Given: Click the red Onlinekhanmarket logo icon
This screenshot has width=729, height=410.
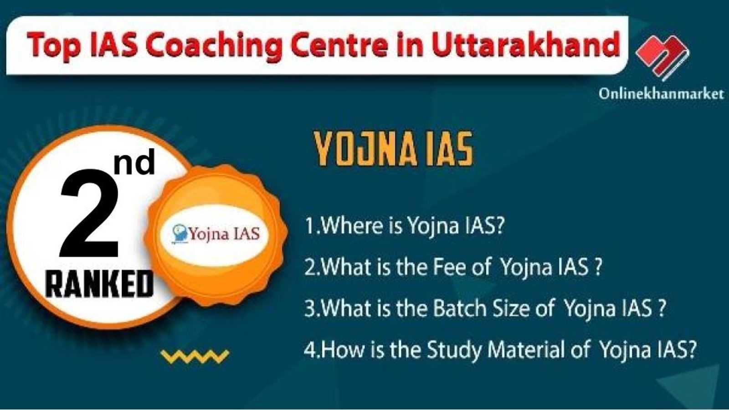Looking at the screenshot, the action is click(x=662, y=57).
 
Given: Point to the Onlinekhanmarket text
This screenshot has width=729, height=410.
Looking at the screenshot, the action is click(x=662, y=94).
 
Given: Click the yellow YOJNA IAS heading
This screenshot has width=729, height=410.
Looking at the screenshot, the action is click(x=393, y=149).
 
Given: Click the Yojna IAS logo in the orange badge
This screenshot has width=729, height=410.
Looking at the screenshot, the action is click(x=216, y=233).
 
